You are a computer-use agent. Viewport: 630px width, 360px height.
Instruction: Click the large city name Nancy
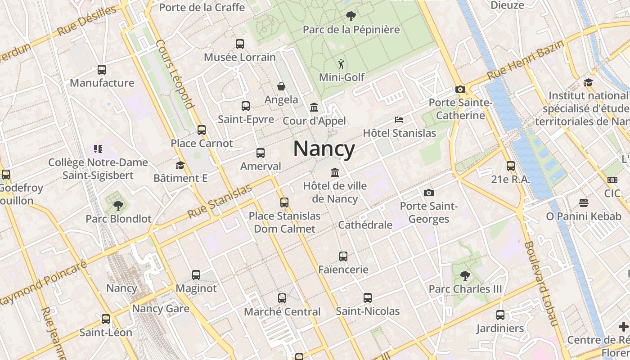tap(324, 149)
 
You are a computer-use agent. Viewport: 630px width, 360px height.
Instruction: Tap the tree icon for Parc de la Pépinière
tap(351, 17)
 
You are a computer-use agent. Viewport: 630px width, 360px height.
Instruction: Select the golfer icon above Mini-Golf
tap(341, 64)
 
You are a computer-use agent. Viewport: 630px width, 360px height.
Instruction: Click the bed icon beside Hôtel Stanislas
tap(399, 120)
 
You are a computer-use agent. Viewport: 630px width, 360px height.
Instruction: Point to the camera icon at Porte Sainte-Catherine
tap(460, 89)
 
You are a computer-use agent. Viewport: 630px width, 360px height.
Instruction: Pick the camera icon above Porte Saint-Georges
tap(429, 193)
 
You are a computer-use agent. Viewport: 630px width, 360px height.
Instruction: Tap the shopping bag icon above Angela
tap(281, 86)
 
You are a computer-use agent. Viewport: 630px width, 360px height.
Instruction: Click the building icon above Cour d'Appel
tap(314, 108)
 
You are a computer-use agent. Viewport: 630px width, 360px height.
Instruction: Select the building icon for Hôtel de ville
tap(335, 172)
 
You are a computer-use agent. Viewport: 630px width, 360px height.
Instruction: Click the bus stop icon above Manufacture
tap(102, 70)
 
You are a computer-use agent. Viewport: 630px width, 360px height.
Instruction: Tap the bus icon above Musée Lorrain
tap(240, 44)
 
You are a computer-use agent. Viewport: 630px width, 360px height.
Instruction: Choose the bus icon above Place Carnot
tap(202, 130)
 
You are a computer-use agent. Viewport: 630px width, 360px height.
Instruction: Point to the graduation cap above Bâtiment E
tap(180, 165)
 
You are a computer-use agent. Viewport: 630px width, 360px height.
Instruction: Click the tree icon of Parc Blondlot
tap(118, 206)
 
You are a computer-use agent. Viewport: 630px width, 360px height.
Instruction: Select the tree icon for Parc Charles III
tap(465, 275)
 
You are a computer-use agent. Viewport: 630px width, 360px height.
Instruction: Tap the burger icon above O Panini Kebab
tap(584, 203)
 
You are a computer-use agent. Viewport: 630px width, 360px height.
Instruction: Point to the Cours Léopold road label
tap(175, 75)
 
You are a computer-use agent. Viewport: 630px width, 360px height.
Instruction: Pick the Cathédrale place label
tap(365, 225)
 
